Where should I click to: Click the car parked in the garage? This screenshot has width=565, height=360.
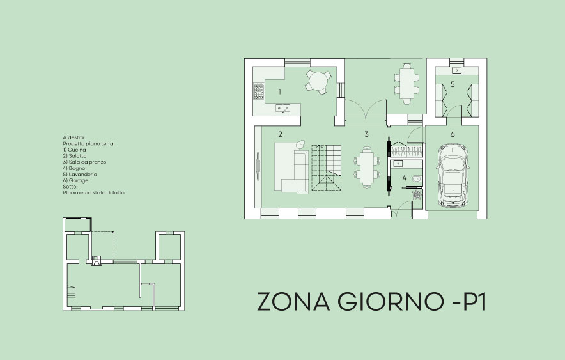[x=453, y=175]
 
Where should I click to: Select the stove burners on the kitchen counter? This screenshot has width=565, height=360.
[x=258, y=91]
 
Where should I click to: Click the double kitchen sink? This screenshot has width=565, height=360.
[x=283, y=108]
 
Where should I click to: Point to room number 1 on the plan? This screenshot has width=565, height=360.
[x=279, y=92]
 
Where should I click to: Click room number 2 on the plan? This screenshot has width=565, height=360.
[x=281, y=134]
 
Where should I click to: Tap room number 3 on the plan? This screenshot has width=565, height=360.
[x=366, y=134]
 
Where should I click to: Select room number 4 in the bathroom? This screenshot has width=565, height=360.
[x=405, y=178]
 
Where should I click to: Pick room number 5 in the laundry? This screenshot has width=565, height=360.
[x=453, y=84]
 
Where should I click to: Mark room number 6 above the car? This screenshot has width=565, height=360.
[x=453, y=134]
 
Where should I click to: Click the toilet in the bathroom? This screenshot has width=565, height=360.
[x=417, y=178]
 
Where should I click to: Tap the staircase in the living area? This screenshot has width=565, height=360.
[x=326, y=168]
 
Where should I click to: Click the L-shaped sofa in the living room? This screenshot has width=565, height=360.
[x=292, y=168]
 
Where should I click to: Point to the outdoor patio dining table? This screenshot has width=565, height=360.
[x=407, y=84]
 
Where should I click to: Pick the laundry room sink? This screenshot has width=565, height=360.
[x=457, y=70]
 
